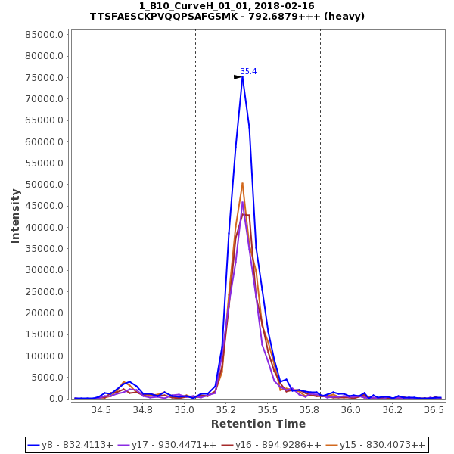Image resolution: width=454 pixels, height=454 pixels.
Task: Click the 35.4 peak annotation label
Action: click(248, 72)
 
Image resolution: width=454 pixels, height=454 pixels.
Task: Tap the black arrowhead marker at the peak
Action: click(238, 77)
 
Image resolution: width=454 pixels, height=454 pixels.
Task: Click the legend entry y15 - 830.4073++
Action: click(382, 445)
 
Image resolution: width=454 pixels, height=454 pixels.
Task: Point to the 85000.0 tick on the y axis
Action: click(45, 35)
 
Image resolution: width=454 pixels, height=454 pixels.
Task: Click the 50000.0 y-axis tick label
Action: click(45, 185)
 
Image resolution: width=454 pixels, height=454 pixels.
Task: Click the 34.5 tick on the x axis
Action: click(101, 410)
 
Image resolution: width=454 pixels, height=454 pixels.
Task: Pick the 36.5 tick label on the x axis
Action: click(434, 410)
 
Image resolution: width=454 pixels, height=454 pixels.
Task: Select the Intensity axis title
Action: click(16, 216)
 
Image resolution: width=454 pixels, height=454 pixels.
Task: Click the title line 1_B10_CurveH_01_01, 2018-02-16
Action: click(227, 6)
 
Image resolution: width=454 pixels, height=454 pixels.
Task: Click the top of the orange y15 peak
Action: click(243, 183)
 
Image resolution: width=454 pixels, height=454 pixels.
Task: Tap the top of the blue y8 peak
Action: click(242, 76)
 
